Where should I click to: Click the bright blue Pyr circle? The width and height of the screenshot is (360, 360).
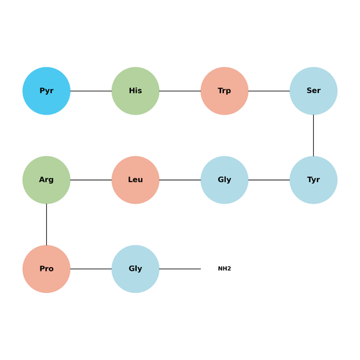[x=46, y=91]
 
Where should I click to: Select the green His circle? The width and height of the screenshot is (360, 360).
[x=135, y=91]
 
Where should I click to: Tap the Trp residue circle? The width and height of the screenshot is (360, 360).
[x=225, y=91]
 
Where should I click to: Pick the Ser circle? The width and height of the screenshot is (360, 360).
[x=313, y=91]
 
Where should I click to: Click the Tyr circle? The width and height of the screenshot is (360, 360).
[x=313, y=180]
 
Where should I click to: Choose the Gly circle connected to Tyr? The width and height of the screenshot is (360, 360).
[x=225, y=180]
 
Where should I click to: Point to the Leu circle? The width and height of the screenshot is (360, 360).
[x=135, y=180]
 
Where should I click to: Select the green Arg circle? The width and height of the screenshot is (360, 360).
[x=46, y=180]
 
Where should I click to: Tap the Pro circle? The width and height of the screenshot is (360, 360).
[x=46, y=269]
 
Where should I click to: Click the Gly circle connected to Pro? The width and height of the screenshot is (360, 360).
[x=135, y=269]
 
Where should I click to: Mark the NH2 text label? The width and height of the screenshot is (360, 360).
[x=225, y=269]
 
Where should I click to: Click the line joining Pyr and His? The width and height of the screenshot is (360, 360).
[x=91, y=91]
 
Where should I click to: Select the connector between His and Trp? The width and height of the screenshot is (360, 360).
[x=180, y=91]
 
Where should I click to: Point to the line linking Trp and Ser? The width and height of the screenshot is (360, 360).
[x=269, y=91]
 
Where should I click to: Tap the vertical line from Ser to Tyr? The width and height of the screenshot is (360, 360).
[x=313, y=135]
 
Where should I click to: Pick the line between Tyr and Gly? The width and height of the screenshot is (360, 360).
[x=269, y=180]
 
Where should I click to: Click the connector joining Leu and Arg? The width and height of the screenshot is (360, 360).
[x=91, y=180]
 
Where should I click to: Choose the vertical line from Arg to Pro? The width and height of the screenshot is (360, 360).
[x=46, y=225]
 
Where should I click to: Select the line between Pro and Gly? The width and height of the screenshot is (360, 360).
[x=91, y=269]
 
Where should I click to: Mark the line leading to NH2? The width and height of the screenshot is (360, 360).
[x=180, y=269]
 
